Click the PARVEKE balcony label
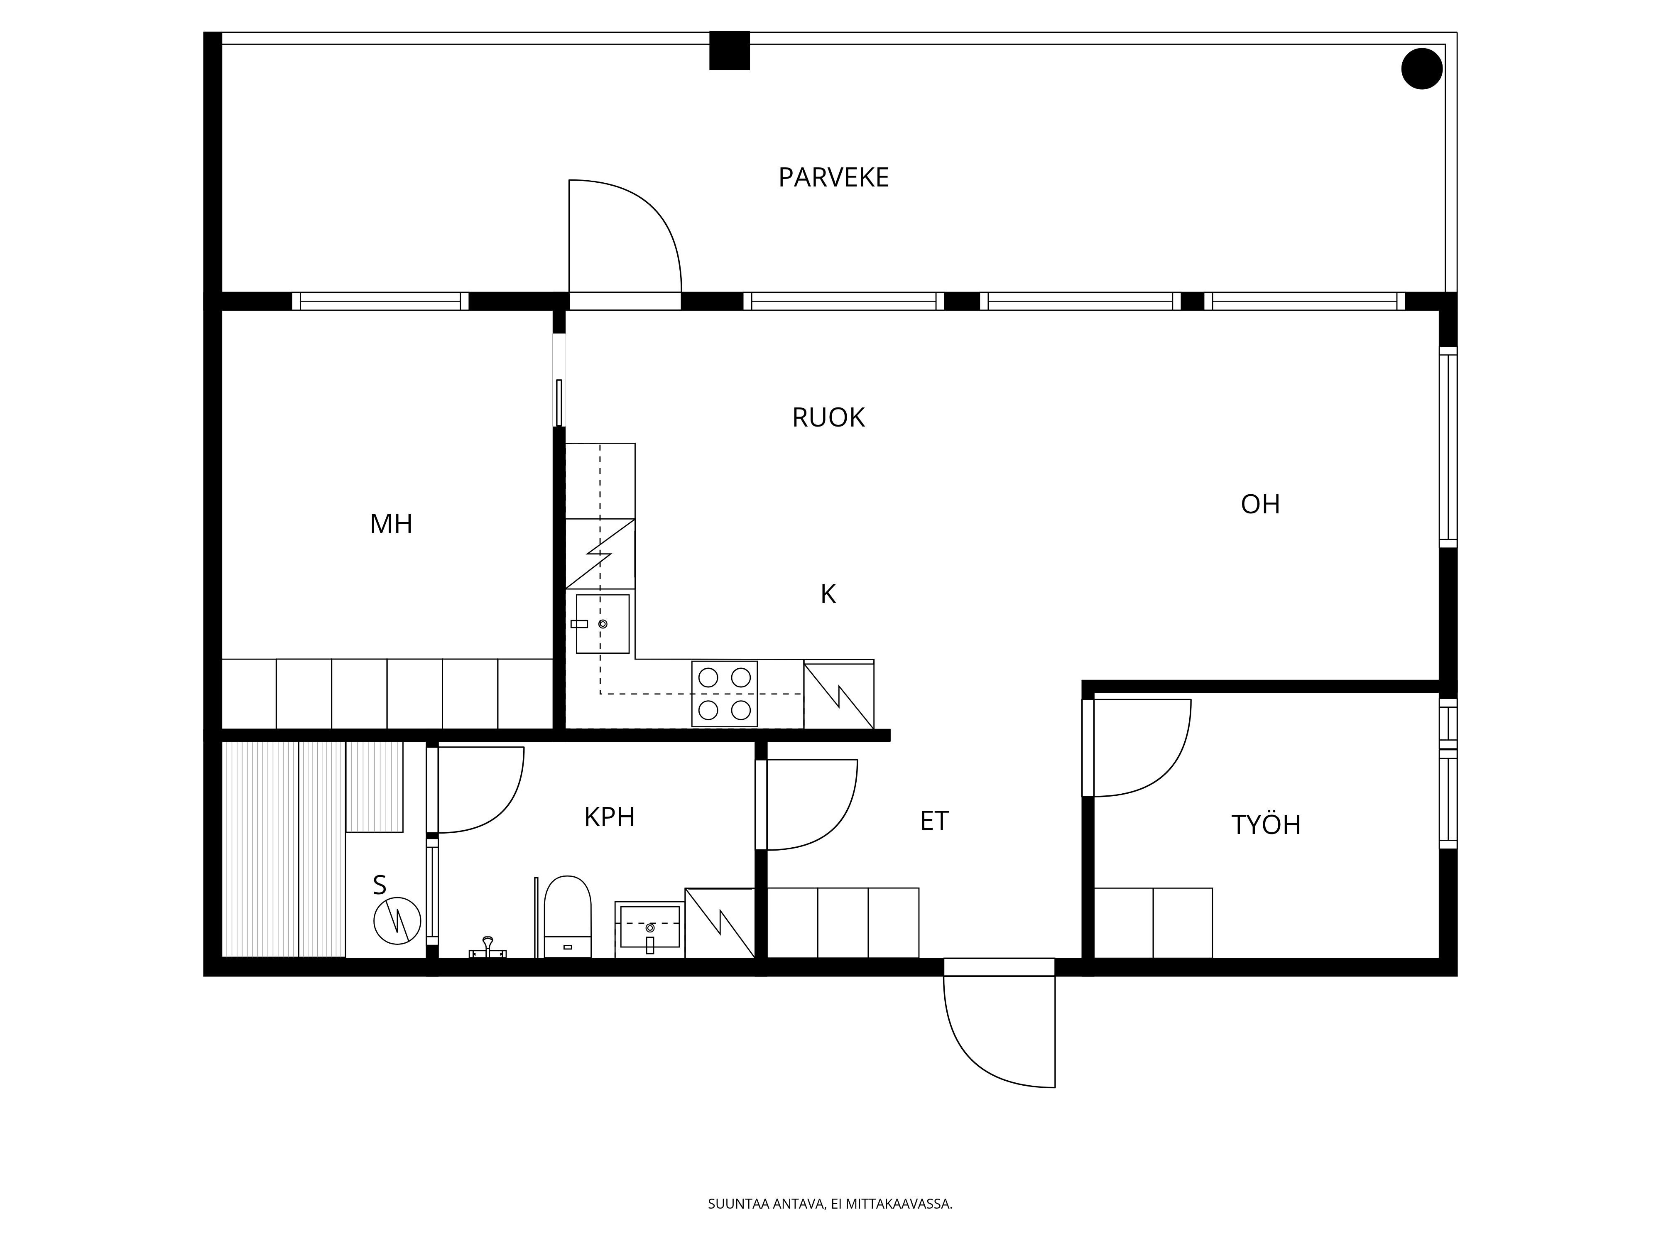click(833, 177)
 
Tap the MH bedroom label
click(391, 523)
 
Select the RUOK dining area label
click(828, 417)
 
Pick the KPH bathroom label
click(610, 817)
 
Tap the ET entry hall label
click(934, 821)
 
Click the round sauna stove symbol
click(397, 921)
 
